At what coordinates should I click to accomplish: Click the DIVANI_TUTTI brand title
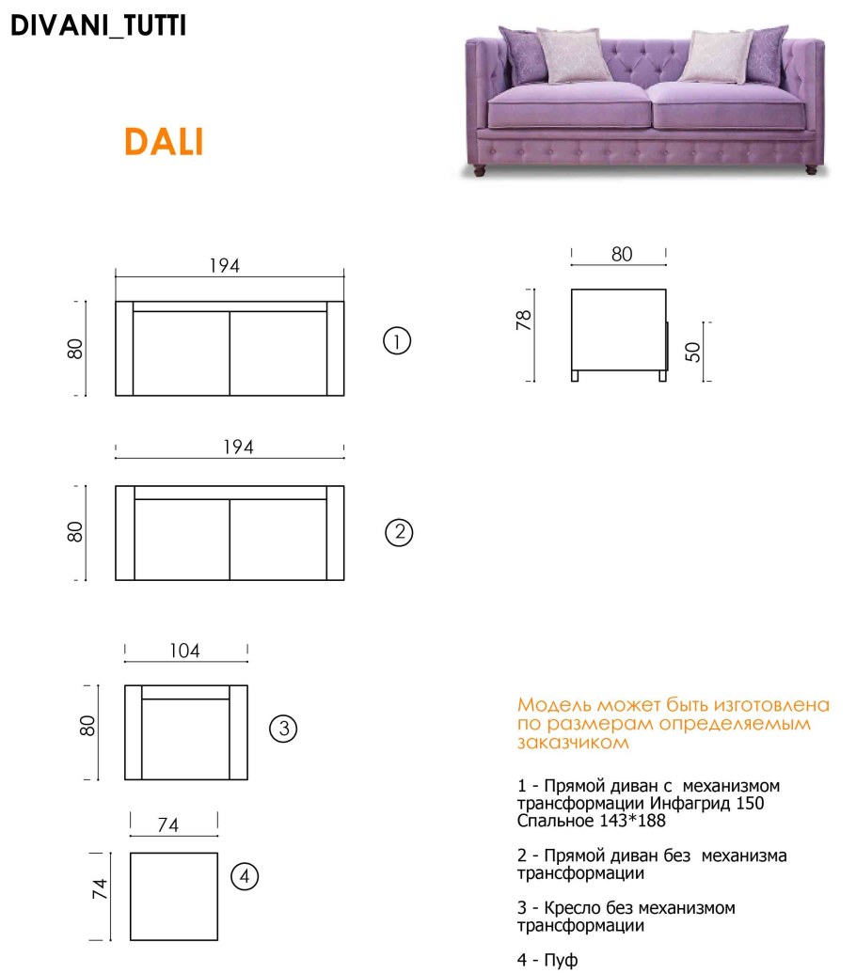click(x=98, y=25)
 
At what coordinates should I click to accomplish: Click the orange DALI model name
click(x=164, y=141)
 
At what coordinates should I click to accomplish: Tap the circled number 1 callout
click(x=397, y=340)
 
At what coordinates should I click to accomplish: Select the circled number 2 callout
click(x=399, y=532)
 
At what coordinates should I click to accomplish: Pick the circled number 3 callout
click(x=283, y=729)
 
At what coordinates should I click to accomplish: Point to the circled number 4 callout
click(x=245, y=877)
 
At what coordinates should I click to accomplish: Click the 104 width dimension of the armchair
click(x=184, y=651)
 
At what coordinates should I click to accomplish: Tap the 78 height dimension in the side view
click(x=523, y=321)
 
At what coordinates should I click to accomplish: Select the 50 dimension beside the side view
click(x=692, y=353)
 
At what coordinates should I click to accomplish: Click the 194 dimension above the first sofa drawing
click(x=224, y=266)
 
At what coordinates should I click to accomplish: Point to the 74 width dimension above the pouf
click(x=167, y=824)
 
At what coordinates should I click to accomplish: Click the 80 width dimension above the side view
click(x=622, y=254)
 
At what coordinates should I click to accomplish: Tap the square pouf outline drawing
click(x=131, y=897)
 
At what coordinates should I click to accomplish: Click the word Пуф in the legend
click(x=561, y=960)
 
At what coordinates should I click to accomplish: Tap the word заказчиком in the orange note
click(x=573, y=742)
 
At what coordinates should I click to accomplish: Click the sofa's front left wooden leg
click(x=479, y=171)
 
